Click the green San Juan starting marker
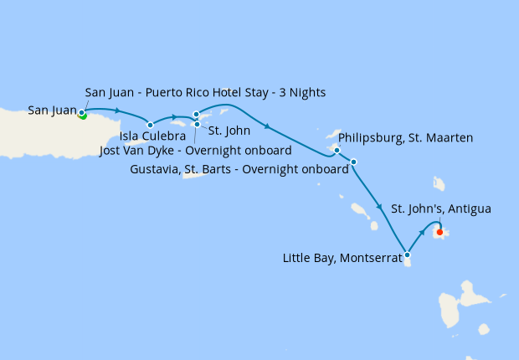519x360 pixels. point(82,115)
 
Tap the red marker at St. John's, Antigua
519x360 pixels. point(440,233)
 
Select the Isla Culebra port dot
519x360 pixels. point(151,125)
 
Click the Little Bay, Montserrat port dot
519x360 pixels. point(407,254)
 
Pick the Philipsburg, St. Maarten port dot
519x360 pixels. point(337,151)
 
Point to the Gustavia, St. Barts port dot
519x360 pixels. point(354,162)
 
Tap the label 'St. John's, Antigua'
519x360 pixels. point(441,208)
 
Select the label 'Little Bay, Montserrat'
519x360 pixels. point(342,258)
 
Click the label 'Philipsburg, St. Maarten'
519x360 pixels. point(406,137)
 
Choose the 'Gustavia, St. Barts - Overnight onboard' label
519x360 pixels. point(240,169)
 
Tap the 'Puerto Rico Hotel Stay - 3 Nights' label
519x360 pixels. point(205,92)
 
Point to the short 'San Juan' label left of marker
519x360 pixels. point(52,110)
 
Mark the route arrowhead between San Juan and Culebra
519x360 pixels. point(118,112)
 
